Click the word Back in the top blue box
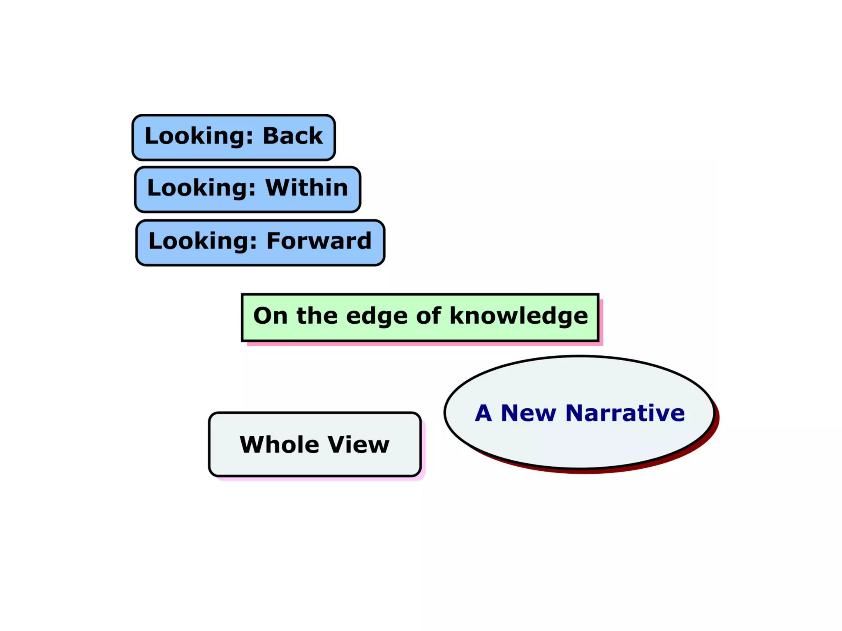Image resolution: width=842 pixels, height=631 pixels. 292,136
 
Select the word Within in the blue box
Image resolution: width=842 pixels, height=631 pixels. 307,188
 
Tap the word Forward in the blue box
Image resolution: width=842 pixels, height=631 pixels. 319,241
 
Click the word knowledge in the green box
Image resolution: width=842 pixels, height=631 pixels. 518,316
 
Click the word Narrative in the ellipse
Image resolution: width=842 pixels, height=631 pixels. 625,413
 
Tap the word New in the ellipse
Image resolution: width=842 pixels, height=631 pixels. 528,413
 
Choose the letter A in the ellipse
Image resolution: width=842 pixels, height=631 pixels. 483,413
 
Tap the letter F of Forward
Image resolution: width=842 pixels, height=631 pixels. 274,241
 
